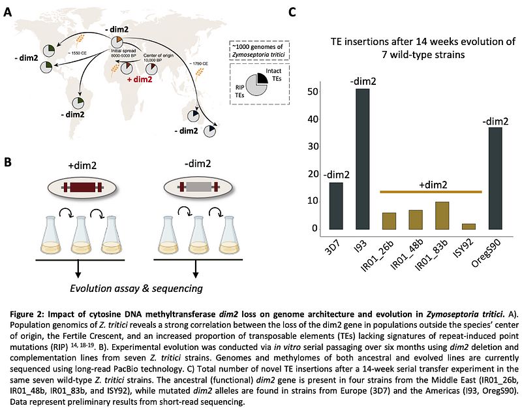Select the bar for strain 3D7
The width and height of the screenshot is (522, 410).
coord(335,206)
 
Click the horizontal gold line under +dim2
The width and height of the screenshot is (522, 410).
coord(431,192)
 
